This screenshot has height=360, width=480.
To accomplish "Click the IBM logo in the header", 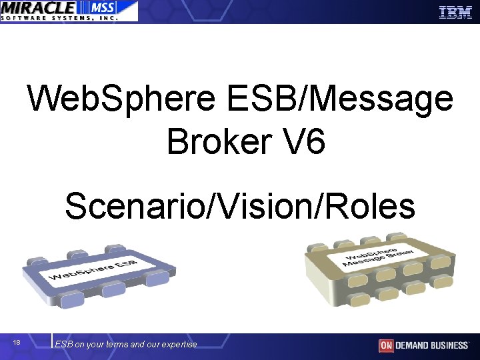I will tap(455, 11).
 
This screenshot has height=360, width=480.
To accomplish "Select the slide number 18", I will tap(17, 343).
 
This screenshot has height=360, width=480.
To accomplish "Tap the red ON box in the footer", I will tap(386, 345).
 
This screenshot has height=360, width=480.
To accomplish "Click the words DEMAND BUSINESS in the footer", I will tap(432, 345).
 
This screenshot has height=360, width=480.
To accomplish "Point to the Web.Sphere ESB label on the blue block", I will tap(93, 272).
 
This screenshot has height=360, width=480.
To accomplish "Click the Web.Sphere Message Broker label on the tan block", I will tap(378, 257).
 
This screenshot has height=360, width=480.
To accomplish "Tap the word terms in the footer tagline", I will tap(117, 345).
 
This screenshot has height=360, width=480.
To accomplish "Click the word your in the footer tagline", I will tap(95, 345).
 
